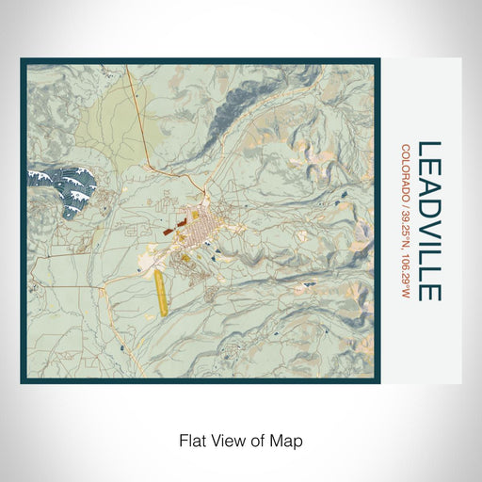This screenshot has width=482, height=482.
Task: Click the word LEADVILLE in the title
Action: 429,221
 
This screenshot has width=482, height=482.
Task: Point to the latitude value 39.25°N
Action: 406,222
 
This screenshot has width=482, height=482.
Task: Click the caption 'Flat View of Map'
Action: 240,440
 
